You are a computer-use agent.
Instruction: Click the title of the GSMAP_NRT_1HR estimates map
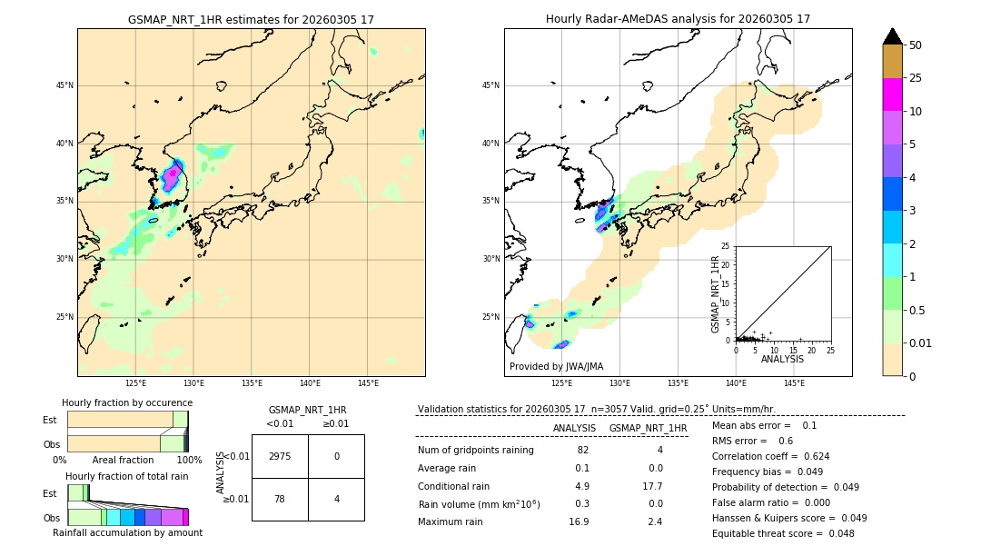(251, 19)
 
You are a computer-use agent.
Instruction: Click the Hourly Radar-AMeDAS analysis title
(678, 19)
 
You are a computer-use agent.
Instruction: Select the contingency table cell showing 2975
(280, 456)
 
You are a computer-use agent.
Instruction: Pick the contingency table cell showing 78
(280, 499)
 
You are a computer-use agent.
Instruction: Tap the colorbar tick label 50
(916, 45)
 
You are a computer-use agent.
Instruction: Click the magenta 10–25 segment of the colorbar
(893, 94)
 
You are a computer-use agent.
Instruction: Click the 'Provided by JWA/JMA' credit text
(556, 366)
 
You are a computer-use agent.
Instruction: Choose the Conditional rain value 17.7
(649, 486)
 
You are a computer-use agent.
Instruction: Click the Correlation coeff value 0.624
(811, 456)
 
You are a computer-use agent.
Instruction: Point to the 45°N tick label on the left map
(64, 85)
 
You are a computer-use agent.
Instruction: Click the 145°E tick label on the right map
(794, 383)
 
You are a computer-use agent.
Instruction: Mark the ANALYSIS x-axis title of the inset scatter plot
(782, 359)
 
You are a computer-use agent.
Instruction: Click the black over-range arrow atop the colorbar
(893, 36)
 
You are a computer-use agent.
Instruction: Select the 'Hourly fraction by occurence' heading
(127, 402)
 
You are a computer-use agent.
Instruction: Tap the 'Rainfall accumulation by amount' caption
(127, 532)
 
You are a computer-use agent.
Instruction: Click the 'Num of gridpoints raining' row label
(476, 450)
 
